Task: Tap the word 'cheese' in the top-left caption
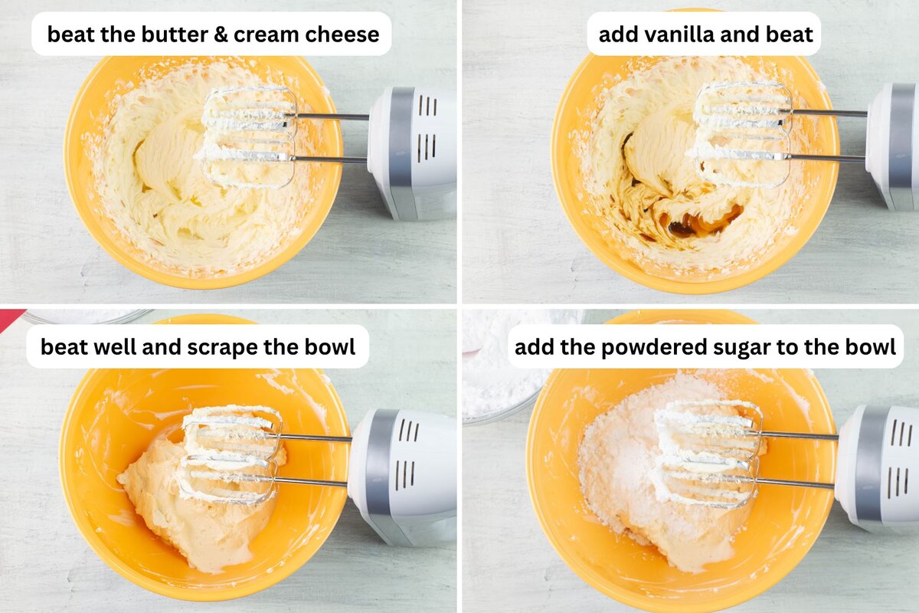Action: (344, 34)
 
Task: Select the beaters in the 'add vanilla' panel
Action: (741, 134)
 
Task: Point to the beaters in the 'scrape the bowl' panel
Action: (230, 452)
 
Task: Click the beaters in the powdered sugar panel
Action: (708, 452)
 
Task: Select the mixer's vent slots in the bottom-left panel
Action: (405, 452)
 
